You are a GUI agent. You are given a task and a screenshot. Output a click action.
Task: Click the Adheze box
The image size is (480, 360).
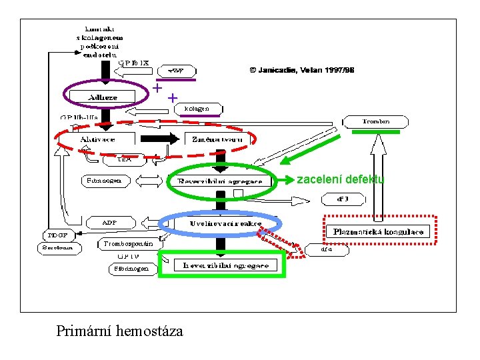point(103,97)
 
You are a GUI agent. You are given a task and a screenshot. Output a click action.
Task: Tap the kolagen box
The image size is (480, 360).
point(197,108)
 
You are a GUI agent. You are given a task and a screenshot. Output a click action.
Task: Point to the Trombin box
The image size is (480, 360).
point(376,121)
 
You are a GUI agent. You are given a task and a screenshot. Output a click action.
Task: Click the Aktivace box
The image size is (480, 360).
point(98,139)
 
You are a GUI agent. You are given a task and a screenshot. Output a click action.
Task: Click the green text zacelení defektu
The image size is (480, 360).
point(340,179)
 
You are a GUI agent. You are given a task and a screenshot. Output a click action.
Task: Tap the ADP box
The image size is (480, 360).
point(110,222)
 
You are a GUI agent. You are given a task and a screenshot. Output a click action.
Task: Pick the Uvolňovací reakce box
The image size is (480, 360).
point(223,223)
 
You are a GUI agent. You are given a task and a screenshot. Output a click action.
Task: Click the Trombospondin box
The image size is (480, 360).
point(128,244)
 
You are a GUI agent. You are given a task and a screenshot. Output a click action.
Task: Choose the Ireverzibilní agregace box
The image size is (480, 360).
point(225,265)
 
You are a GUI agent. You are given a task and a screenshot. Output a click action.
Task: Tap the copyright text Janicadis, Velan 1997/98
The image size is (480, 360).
point(302,69)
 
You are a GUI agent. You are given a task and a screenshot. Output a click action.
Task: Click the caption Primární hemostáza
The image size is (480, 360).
point(119,331)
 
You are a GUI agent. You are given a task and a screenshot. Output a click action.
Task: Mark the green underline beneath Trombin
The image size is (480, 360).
point(375,132)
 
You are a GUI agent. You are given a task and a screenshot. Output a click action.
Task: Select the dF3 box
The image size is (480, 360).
point(342,199)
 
